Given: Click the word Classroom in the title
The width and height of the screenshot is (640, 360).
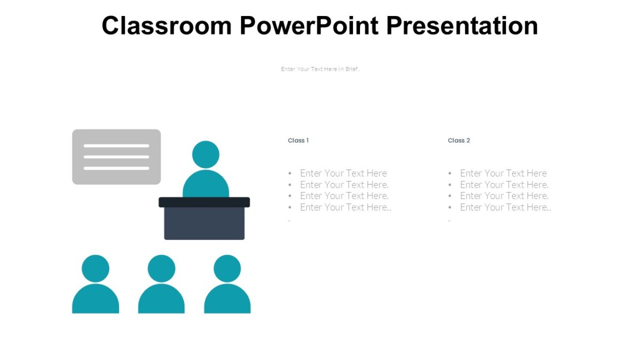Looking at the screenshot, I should pyautogui.click(x=166, y=26).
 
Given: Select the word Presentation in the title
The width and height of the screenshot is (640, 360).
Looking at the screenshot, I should pyautogui.click(x=462, y=26).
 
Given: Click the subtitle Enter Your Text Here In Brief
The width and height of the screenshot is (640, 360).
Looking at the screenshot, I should pyautogui.click(x=320, y=69).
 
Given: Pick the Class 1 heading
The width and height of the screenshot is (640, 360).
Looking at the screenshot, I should pyautogui.click(x=298, y=140).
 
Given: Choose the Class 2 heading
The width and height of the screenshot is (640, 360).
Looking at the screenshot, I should pyautogui.click(x=459, y=140).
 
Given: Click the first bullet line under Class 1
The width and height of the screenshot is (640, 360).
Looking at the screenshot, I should pyautogui.click(x=343, y=173).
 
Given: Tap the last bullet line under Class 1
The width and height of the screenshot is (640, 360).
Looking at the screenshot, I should pyautogui.click(x=345, y=207).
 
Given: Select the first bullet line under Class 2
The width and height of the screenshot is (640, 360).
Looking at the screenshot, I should pyautogui.click(x=503, y=173).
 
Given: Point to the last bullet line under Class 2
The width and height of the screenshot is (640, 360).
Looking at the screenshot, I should pyautogui.click(x=505, y=207).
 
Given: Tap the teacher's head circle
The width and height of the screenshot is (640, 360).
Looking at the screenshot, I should pyautogui.click(x=205, y=154).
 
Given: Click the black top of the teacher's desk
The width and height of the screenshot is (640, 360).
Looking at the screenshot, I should pyautogui.click(x=204, y=202).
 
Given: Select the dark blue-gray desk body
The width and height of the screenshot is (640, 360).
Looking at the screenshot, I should pyautogui.click(x=204, y=223).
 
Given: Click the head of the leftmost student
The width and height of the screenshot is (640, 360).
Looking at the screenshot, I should pyautogui.click(x=95, y=268).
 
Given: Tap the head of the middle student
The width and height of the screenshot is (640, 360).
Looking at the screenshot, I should pyautogui.click(x=161, y=268).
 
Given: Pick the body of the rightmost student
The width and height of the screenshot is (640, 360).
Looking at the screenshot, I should pyautogui.click(x=227, y=300).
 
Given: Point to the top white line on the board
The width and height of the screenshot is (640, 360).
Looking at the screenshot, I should pyautogui.click(x=116, y=146).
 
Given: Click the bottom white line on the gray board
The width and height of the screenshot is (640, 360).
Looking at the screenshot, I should pyautogui.click(x=116, y=168).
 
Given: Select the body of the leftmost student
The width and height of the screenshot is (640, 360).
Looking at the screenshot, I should pyautogui.click(x=95, y=300).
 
